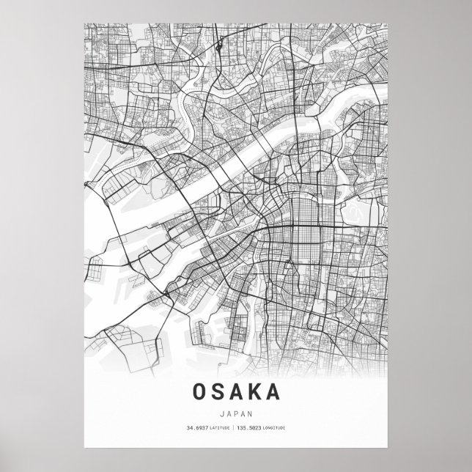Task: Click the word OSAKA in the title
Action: [x=236, y=391]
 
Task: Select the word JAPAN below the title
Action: [x=236, y=412]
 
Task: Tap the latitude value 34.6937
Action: [x=196, y=427]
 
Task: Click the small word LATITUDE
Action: [x=218, y=427]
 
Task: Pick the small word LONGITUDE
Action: [x=276, y=427]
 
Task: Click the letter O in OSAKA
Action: [x=200, y=391]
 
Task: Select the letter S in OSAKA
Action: [x=218, y=391]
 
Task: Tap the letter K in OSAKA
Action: [x=254, y=391]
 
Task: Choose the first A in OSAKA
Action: [x=236, y=391]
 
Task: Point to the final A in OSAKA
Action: [x=273, y=391]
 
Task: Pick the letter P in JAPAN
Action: [x=236, y=412]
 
